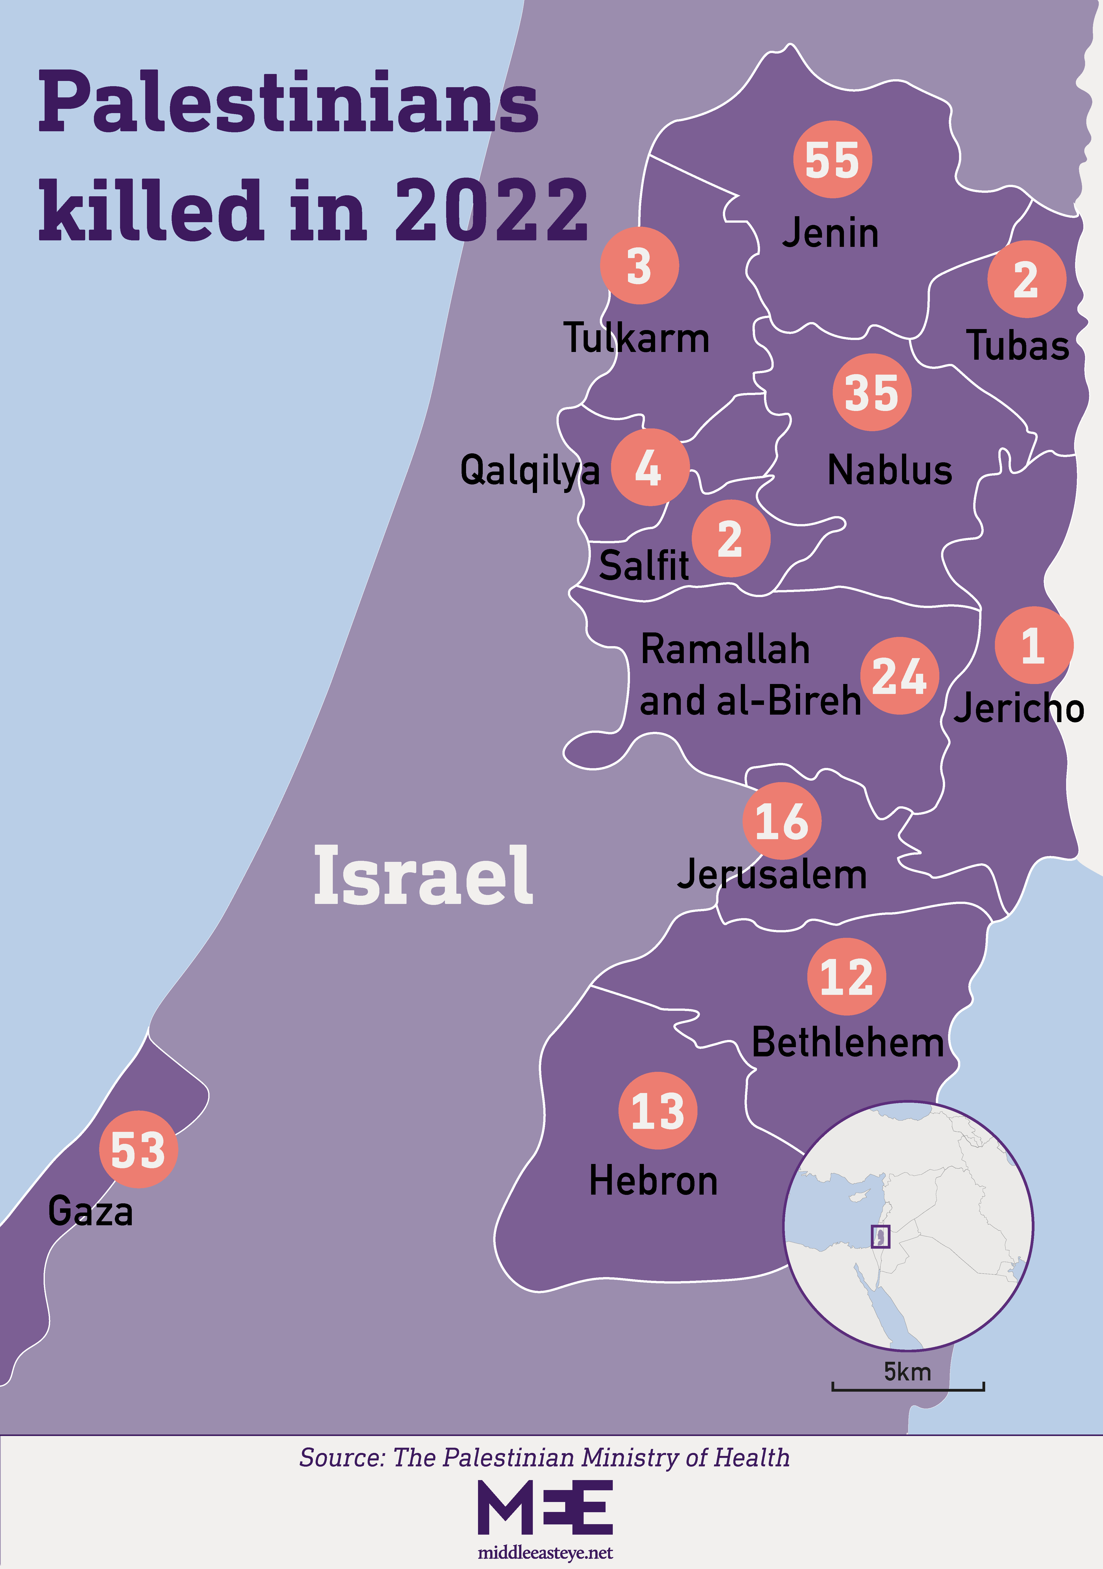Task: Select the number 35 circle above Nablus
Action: pyautogui.click(x=871, y=392)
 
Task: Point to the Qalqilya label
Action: pyautogui.click(x=530, y=470)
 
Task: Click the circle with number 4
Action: pyautogui.click(x=649, y=468)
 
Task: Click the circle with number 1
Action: pyautogui.click(x=1033, y=645)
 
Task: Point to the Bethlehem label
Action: pyautogui.click(x=847, y=1043)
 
